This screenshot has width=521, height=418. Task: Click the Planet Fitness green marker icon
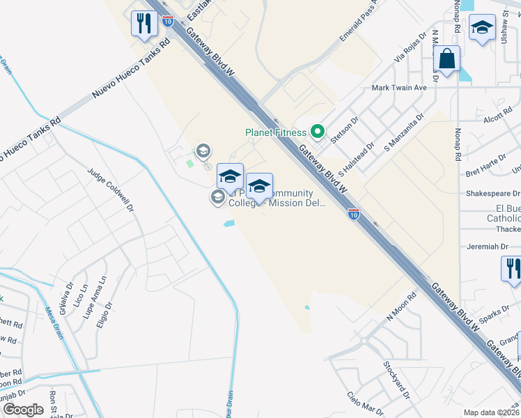(318, 130)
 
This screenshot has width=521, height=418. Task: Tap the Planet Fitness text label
(275, 132)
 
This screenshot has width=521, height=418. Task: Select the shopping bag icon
(446, 60)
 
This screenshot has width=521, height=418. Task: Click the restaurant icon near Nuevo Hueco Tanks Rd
(144, 24)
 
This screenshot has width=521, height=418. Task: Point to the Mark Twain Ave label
(399, 88)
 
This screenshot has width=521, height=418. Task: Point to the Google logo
(23, 410)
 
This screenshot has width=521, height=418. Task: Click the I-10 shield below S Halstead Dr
(354, 213)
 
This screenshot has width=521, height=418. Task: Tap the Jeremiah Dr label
(487, 247)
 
